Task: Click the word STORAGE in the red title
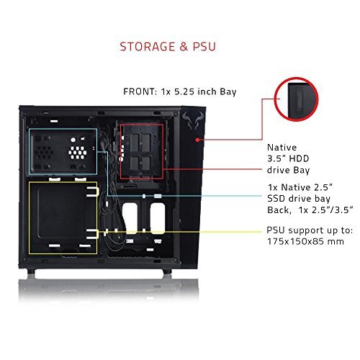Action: pyautogui.click(x=148, y=47)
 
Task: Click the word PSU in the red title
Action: pyautogui.click(x=204, y=47)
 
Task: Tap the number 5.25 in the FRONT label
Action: pyautogui.click(x=184, y=91)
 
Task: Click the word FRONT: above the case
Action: pyautogui.click(x=140, y=91)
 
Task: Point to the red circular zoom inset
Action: pyautogui.click(x=296, y=99)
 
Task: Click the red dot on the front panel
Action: pyautogui.click(x=197, y=140)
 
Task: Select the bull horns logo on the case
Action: pyautogui.click(x=192, y=120)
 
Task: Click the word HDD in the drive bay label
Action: pyautogui.click(x=299, y=158)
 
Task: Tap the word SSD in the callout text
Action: pyautogui.click(x=276, y=199)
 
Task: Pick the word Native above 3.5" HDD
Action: pyautogui.click(x=282, y=147)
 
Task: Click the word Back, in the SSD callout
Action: pyautogui.click(x=279, y=210)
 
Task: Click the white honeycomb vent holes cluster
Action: pyautogui.click(x=77, y=152)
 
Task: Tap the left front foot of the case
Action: pyautogui.click(x=31, y=271)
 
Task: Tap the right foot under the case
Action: pyautogui.click(x=167, y=271)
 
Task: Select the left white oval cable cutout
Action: pyautogui.click(x=130, y=218)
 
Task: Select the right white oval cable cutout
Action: pyautogui.click(x=158, y=218)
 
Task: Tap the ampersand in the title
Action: pyautogui.click(x=184, y=47)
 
